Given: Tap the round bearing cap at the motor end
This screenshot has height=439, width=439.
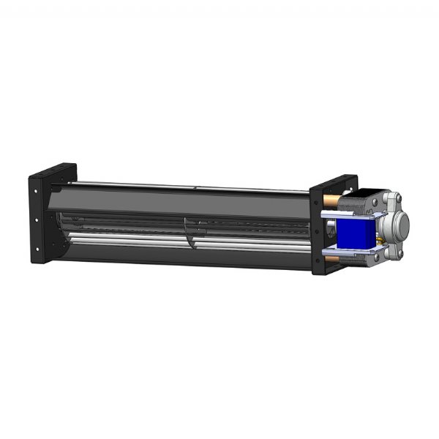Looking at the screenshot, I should click(x=399, y=220).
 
